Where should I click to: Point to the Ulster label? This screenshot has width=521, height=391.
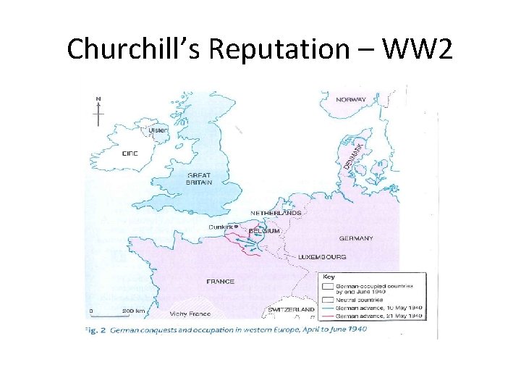158,130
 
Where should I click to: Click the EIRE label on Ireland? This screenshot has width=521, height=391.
130,154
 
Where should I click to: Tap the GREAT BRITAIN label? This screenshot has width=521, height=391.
199,179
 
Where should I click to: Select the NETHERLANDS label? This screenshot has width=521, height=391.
276,213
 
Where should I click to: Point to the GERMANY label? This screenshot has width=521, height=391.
356,238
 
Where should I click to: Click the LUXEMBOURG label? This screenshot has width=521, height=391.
322,257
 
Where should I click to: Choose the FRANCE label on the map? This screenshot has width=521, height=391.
221,281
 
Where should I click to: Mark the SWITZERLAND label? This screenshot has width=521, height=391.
291,309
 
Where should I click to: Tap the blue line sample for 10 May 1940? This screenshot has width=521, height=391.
327,308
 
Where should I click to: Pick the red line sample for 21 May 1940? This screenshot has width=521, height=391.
327,316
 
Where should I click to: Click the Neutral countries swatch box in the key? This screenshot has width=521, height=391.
327,298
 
